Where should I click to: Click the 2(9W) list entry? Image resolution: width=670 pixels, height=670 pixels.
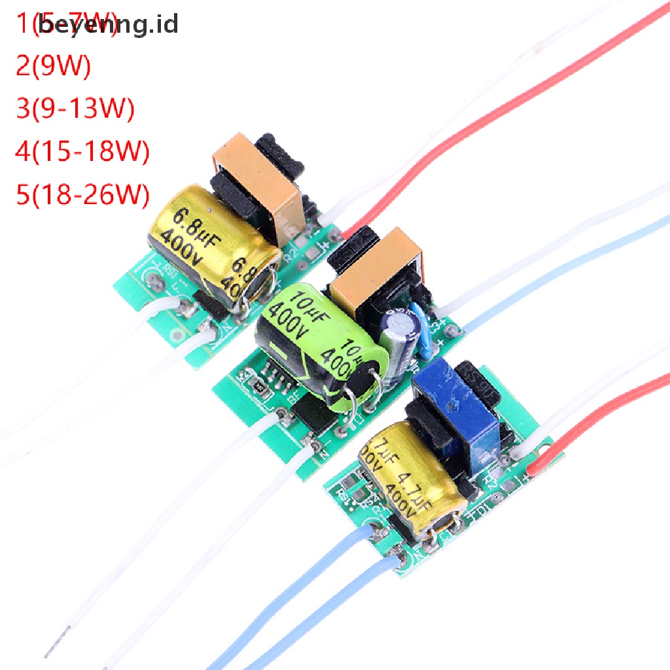[53, 67]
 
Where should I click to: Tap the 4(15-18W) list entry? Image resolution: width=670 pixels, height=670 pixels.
[82, 151]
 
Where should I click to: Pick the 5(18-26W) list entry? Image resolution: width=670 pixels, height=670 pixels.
[82, 194]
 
